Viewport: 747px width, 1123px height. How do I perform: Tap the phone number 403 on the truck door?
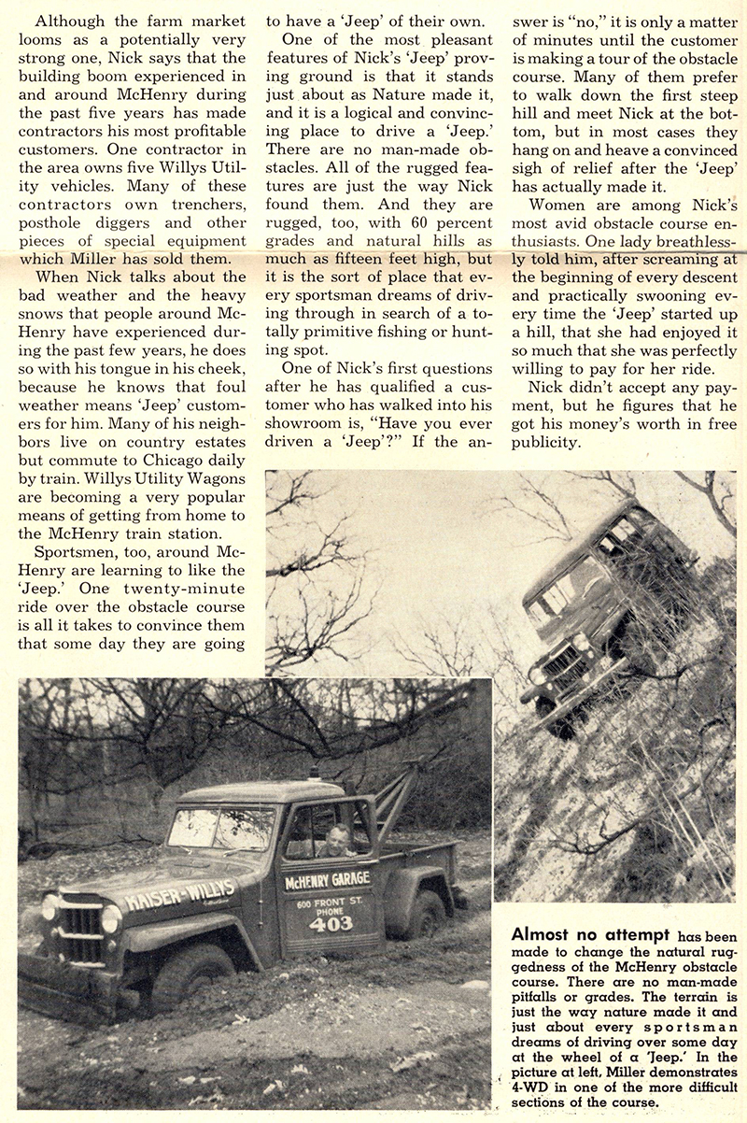pos(330,923)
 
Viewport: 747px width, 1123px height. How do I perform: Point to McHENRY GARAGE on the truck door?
pos(327,880)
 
